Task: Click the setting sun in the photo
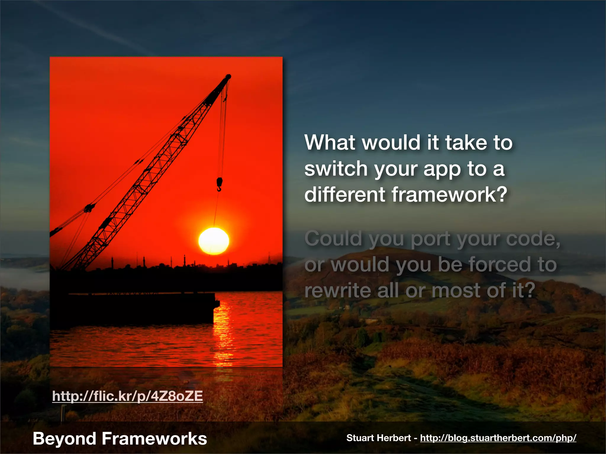click(x=213, y=241)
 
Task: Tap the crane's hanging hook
click(x=219, y=184)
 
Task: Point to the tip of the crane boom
click(x=228, y=77)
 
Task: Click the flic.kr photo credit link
click(x=128, y=396)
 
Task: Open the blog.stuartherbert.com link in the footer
click(x=498, y=438)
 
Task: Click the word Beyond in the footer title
click(x=64, y=438)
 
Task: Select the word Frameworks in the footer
click(x=154, y=438)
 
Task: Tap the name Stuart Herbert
click(x=378, y=438)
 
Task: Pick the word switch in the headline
click(x=336, y=168)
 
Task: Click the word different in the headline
click(x=344, y=194)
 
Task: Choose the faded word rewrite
click(x=337, y=290)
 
